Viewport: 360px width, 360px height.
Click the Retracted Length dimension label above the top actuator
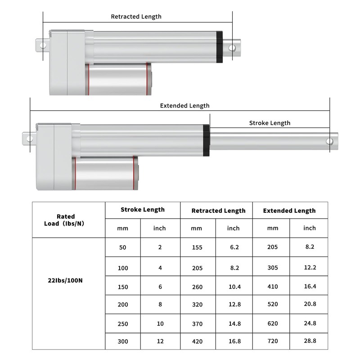pyautogui.click(x=136, y=17)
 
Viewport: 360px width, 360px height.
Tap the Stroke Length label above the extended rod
pyautogui.click(x=270, y=123)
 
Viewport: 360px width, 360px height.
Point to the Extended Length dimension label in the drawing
pyautogui.click(x=184, y=106)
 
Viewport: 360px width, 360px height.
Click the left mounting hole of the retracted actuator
pyautogui.click(x=43, y=46)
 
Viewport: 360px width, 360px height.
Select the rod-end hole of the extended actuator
pyautogui.click(x=329, y=141)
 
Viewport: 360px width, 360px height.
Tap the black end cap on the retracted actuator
pyautogui.click(x=220, y=47)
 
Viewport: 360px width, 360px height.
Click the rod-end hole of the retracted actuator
pyautogui.click(x=233, y=47)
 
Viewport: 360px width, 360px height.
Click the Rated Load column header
pyautogui.click(x=66, y=220)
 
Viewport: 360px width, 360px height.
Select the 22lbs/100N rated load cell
pyautogui.click(x=66, y=280)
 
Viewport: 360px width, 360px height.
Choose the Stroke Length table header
pyautogui.click(x=142, y=210)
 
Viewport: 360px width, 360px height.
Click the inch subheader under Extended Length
pyautogui.click(x=309, y=228)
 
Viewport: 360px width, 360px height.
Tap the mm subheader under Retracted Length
pyautogui.click(x=197, y=228)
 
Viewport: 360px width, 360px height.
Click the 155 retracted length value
pyautogui.click(x=197, y=247)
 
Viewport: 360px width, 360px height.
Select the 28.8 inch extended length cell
pyautogui.click(x=309, y=341)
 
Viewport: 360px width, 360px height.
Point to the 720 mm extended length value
pyautogui.click(x=272, y=341)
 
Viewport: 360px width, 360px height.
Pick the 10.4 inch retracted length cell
pyautogui.click(x=233, y=287)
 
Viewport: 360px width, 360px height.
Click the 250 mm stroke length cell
pyautogui.click(x=122, y=324)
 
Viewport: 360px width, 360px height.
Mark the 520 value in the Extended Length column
pyautogui.click(x=272, y=305)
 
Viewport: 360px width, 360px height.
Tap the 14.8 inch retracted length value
pyautogui.click(x=233, y=324)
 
